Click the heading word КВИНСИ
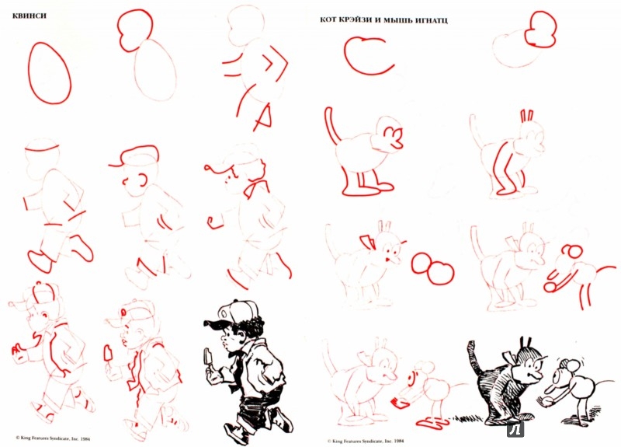coord(29,16)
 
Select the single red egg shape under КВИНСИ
coord(50,73)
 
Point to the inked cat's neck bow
coord(510,357)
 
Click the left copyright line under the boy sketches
coord(53,438)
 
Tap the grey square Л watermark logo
coord(515,430)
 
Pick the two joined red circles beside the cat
coord(432,267)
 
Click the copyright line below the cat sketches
coord(365,441)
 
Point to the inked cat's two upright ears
coord(526,343)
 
